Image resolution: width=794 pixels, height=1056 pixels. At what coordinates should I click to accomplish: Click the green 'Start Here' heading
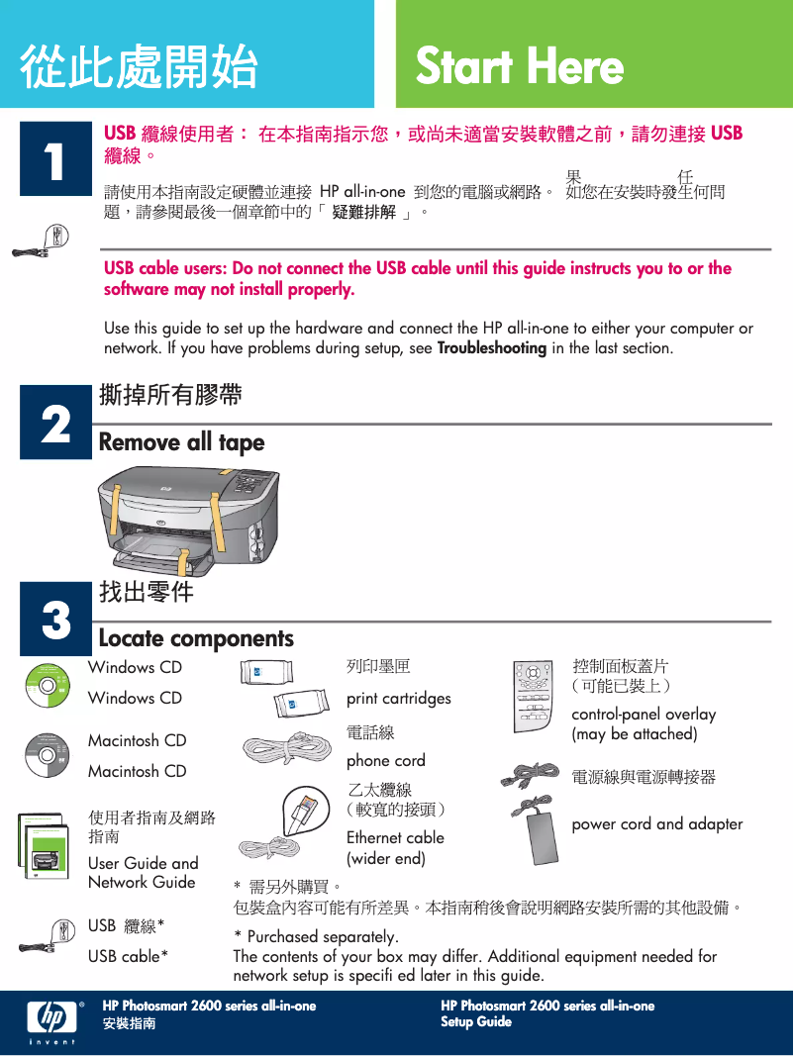click(519, 65)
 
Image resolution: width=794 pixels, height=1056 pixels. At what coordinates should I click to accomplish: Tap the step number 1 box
click(55, 158)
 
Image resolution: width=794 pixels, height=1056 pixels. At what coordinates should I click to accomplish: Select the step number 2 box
click(55, 423)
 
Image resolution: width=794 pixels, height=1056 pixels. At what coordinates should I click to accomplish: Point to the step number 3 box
click(55, 619)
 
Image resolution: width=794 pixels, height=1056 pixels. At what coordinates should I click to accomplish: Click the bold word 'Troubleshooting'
click(492, 348)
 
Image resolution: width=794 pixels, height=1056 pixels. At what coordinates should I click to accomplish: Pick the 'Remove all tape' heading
click(182, 442)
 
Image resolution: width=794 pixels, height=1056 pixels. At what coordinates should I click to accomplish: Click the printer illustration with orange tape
click(188, 521)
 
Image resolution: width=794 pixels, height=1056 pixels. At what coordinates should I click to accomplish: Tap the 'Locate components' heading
click(197, 638)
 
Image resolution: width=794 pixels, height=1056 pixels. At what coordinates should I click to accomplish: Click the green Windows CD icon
click(48, 686)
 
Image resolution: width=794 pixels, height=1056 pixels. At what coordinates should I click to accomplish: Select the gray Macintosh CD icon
click(48, 756)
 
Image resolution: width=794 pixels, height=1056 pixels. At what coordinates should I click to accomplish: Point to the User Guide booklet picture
click(44, 846)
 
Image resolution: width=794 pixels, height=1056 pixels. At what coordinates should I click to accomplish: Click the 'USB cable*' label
click(128, 956)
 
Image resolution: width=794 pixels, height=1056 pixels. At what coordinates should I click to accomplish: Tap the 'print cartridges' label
click(399, 699)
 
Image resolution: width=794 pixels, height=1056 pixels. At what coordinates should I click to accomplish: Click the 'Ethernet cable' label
click(395, 838)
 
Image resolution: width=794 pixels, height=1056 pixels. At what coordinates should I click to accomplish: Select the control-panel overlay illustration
click(533, 697)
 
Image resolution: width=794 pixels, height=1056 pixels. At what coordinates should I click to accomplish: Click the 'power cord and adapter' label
click(657, 824)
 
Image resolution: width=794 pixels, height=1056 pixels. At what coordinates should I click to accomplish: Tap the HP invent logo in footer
click(52, 1021)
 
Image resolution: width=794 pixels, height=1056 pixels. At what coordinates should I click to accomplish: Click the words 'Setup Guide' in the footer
click(476, 1021)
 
